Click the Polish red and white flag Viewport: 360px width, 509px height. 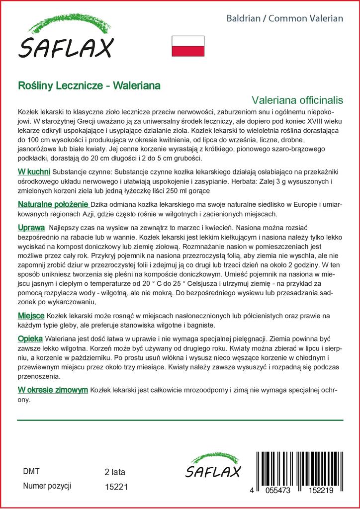pyautogui.click(x=188, y=46)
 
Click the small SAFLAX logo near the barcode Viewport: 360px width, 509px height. pyautogui.click(x=213, y=466)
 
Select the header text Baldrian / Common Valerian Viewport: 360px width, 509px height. pyautogui.click(x=285, y=18)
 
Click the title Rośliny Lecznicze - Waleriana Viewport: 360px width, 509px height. pyautogui.click(x=89, y=85)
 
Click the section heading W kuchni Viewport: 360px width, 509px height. pyautogui.click(x=34, y=171)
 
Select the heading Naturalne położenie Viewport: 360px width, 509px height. pyautogui.click(x=53, y=205)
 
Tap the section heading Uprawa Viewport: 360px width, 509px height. pyautogui.click(x=31, y=227)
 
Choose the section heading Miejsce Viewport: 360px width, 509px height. pyautogui.click(x=31, y=316)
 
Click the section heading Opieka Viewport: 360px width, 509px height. pyautogui.click(x=30, y=338)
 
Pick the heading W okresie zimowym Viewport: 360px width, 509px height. pyautogui.click(x=53, y=390)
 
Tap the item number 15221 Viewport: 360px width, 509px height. pyautogui.click(x=117, y=487)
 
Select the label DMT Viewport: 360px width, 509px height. pyautogui.click(x=31, y=471)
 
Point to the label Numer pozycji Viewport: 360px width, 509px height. pyautogui.click(x=48, y=486)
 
